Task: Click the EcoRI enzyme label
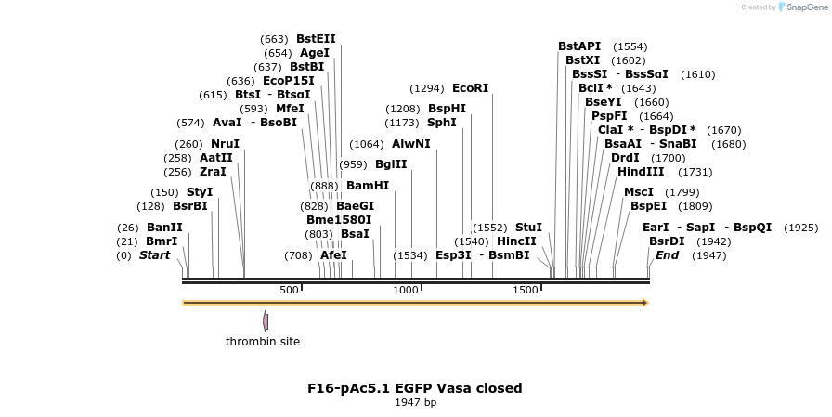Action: tap(470, 88)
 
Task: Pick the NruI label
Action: tap(225, 144)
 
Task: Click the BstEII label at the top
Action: tap(316, 39)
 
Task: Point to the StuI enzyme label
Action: tap(528, 228)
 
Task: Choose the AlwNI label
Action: tap(411, 144)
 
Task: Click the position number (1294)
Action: tap(427, 89)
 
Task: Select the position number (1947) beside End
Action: tap(708, 255)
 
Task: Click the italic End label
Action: tap(667, 255)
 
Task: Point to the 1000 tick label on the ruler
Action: tap(406, 291)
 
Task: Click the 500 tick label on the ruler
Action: tap(289, 291)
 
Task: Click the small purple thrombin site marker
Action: tap(266, 321)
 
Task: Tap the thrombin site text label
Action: tap(263, 342)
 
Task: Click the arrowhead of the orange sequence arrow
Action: tap(644, 303)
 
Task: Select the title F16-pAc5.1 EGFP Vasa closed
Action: tap(415, 388)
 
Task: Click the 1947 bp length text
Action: tap(415, 403)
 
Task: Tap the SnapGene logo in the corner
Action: tap(800, 7)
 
